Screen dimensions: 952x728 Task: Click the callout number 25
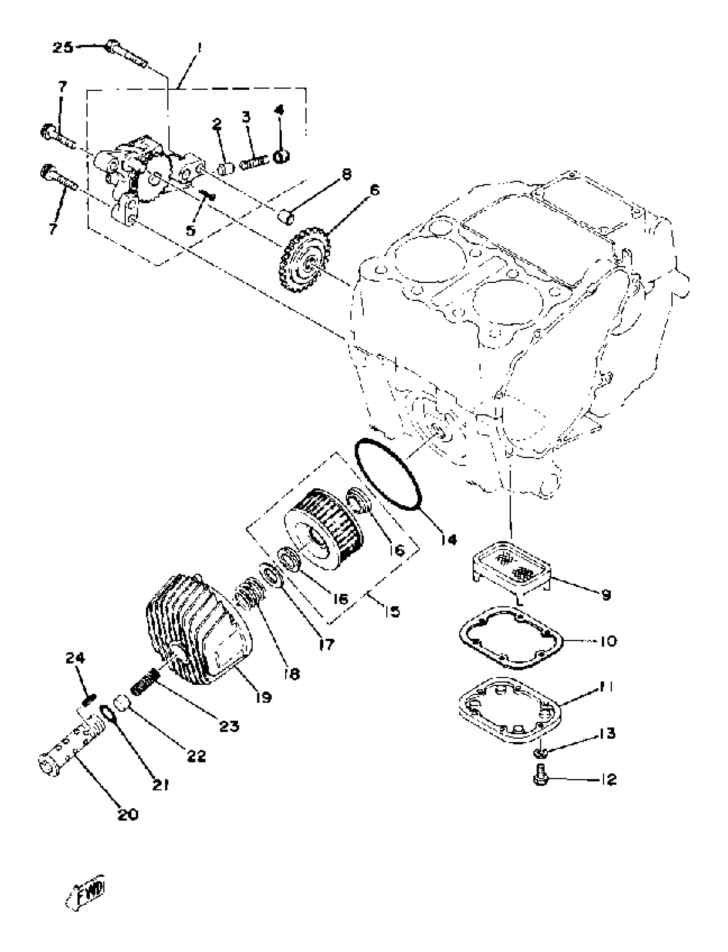[x=63, y=47]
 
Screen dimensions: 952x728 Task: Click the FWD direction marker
[x=87, y=893]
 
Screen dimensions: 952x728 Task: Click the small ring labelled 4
[x=281, y=156]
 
